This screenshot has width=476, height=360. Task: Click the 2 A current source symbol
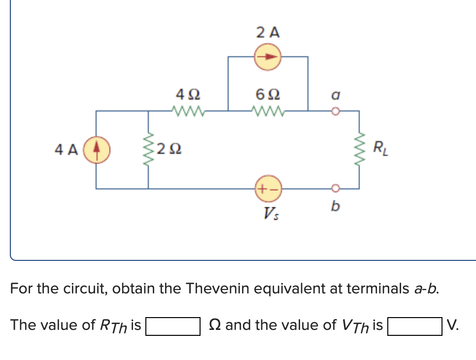[x=267, y=57]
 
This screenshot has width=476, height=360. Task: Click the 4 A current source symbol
[x=96, y=148]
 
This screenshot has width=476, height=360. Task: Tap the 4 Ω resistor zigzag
[x=188, y=110]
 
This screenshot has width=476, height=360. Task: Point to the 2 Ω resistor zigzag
[x=148, y=148]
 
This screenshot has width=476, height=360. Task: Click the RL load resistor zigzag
[x=359, y=149]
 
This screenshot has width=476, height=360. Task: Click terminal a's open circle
[x=335, y=110]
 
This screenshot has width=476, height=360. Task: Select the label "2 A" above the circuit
[x=268, y=33]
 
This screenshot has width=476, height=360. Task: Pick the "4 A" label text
[x=67, y=149]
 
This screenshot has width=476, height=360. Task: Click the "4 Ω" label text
[x=188, y=93]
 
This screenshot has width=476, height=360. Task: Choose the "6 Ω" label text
[x=268, y=93]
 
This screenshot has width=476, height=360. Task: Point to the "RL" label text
[x=380, y=147]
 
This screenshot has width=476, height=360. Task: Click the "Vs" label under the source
[x=269, y=214]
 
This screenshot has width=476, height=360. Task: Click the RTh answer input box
[x=172, y=326]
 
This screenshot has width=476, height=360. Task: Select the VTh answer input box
[x=414, y=326]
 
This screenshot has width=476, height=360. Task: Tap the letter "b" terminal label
[x=335, y=207]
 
